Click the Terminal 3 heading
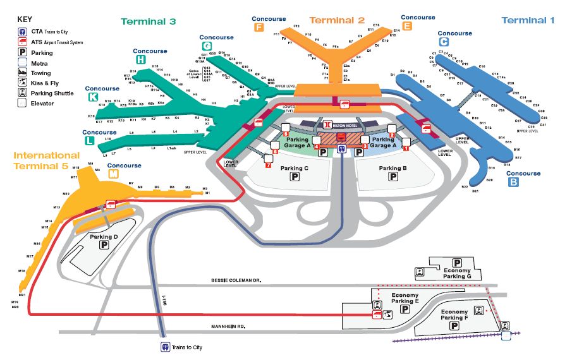[x=148, y=21]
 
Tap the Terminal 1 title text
[x=528, y=20]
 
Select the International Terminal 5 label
[x=47, y=160]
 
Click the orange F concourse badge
[x=259, y=27]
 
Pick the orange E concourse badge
[x=407, y=26]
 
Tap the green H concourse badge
[x=140, y=60]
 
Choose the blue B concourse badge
[x=513, y=183]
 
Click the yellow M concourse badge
[x=114, y=175]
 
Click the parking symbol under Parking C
[x=295, y=178]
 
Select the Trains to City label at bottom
[x=187, y=347]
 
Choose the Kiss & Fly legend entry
[x=46, y=83]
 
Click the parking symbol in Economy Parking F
[x=455, y=328]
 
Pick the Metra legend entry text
[x=39, y=63]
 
